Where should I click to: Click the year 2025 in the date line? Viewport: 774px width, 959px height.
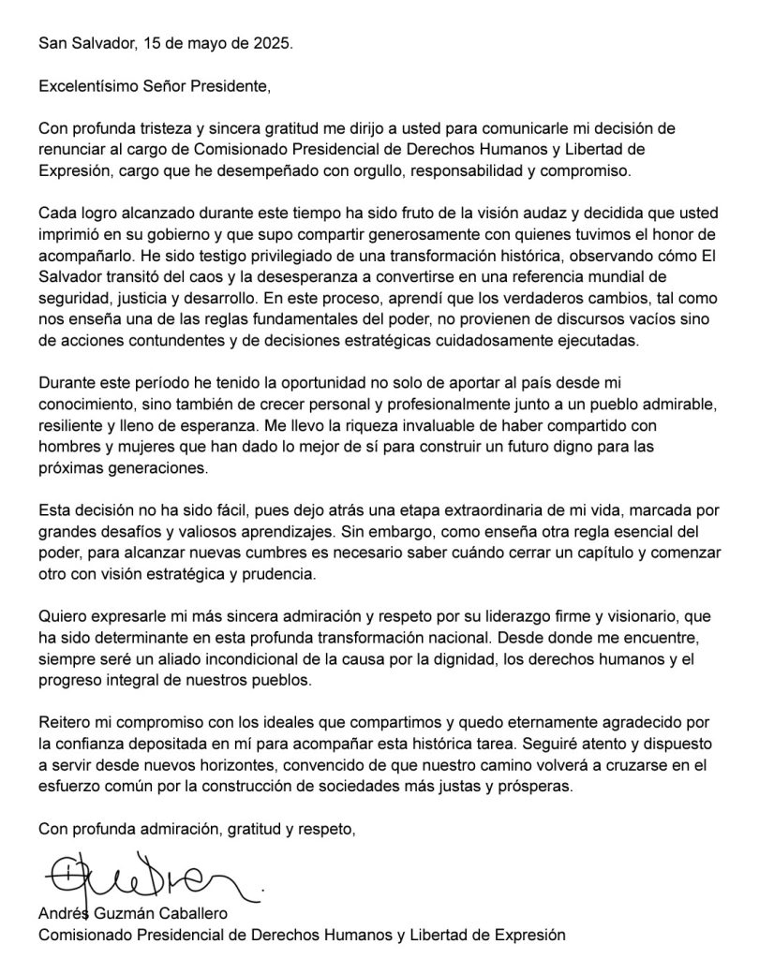pyautogui.click(x=273, y=43)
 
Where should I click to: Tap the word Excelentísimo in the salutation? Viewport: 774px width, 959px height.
pyautogui.click(x=85, y=87)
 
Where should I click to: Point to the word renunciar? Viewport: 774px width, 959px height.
pyautogui.click(x=71, y=151)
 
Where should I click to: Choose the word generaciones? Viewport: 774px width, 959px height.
pyautogui.click(x=155, y=466)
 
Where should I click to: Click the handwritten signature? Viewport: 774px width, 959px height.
pyautogui.click(x=150, y=879)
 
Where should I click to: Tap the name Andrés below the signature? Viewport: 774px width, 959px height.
pyautogui.click(x=61, y=914)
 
